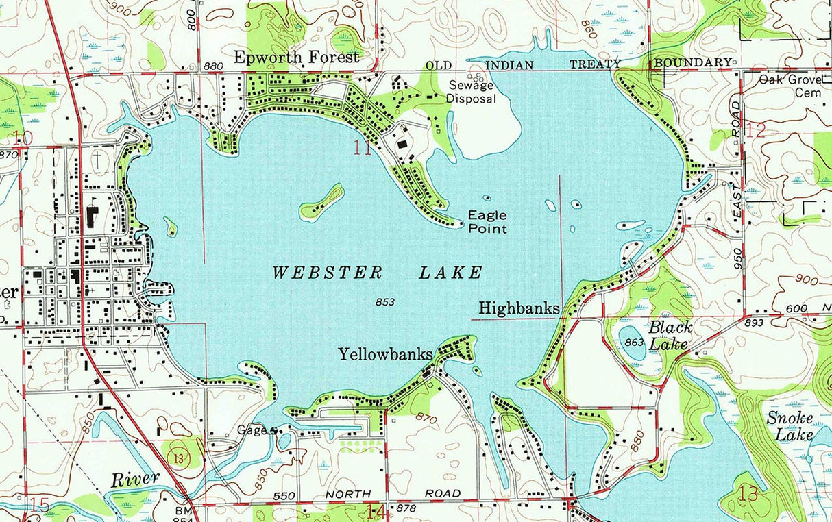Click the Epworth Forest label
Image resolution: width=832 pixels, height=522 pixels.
pyautogui.click(x=296, y=58)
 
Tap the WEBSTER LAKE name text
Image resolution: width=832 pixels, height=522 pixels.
pyautogui.click(x=377, y=273)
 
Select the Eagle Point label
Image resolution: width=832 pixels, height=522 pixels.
pyautogui.click(x=487, y=222)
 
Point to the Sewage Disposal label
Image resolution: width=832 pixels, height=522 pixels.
pyautogui.click(x=471, y=92)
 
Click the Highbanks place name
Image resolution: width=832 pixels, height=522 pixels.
pyautogui.click(x=519, y=308)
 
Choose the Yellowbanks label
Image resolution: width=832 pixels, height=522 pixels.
pyautogui.click(x=385, y=354)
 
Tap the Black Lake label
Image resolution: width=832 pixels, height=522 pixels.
pyautogui.click(x=670, y=335)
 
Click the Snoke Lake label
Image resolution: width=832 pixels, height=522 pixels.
pyautogui.click(x=790, y=426)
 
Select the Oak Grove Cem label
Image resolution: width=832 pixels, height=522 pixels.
pyautogui.click(x=794, y=86)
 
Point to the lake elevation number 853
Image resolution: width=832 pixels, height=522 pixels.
pyautogui.click(x=384, y=301)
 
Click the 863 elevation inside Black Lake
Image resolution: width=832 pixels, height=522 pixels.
pyautogui.click(x=634, y=341)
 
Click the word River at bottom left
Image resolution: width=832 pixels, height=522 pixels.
pyautogui.click(x=135, y=479)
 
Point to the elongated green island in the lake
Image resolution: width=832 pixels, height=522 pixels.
pyautogui.click(x=321, y=203)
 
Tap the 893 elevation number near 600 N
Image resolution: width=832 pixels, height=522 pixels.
pyautogui.click(x=754, y=322)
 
